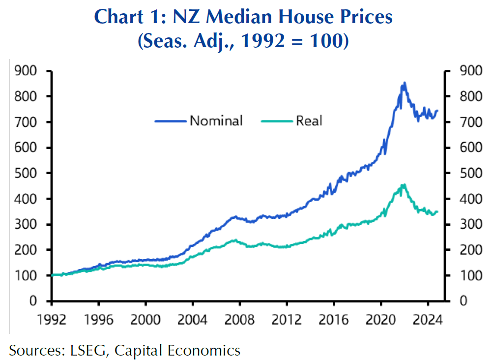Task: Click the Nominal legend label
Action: (216, 120)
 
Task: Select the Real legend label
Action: (309, 120)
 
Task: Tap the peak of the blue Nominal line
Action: (404, 83)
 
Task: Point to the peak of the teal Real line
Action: (404, 184)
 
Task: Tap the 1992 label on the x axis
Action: (52, 319)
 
